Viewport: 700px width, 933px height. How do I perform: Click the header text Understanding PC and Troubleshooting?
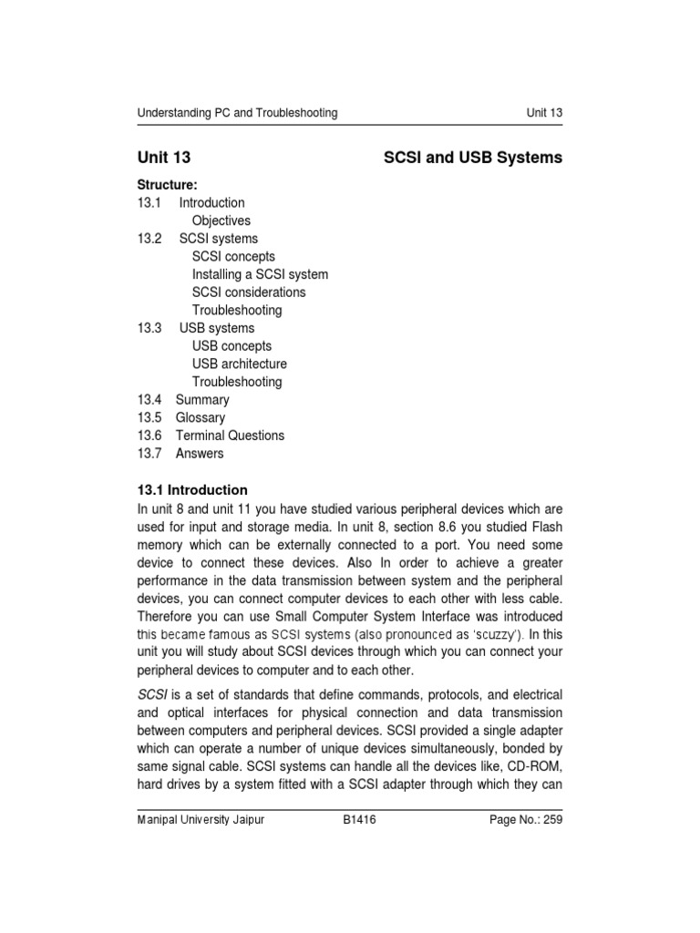click(x=237, y=113)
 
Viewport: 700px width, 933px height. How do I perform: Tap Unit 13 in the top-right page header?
click(x=544, y=113)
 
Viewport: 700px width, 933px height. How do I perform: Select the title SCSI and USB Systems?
click(x=474, y=158)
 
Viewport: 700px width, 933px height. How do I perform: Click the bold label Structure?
click(x=168, y=185)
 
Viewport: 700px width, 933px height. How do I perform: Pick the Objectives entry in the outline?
click(x=221, y=220)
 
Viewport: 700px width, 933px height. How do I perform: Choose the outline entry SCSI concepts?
click(x=233, y=256)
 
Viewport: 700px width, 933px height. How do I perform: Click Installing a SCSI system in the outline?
click(x=260, y=274)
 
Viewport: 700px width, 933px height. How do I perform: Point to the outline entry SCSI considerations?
click(x=249, y=292)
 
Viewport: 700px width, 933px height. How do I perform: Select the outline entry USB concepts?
click(x=232, y=346)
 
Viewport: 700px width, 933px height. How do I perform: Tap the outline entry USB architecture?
click(x=240, y=364)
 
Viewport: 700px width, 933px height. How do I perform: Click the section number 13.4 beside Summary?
click(x=149, y=400)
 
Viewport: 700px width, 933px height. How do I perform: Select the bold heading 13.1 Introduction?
click(x=192, y=490)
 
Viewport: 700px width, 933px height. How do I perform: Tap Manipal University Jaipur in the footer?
click(x=201, y=820)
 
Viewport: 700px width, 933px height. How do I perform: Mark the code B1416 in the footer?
click(x=360, y=820)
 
